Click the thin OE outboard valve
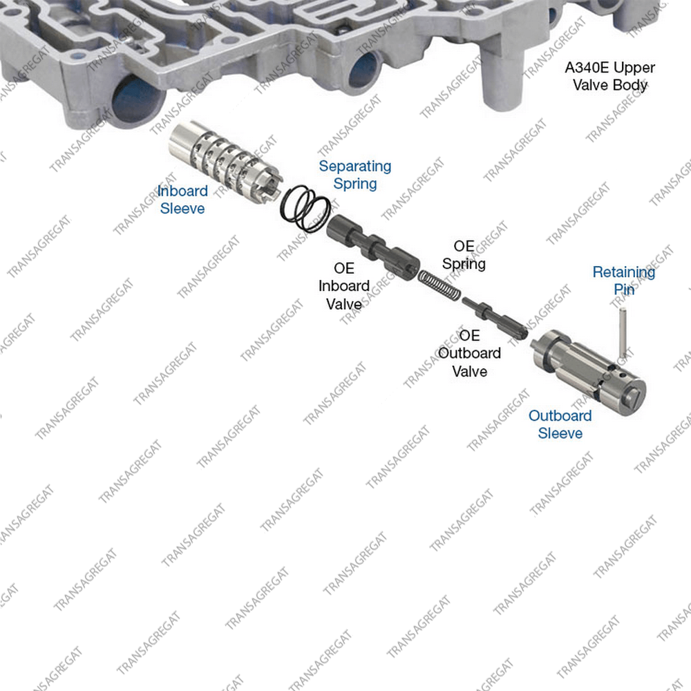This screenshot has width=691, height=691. pyautogui.click(x=495, y=319)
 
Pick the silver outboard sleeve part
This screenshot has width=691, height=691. pyautogui.click(x=588, y=373)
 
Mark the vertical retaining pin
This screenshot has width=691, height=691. pyautogui.click(x=623, y=334)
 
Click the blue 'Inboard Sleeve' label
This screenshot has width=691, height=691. pyautogui.click(x=182, y=200)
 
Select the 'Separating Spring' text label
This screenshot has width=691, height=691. pyautogui.click(x=355, y=175)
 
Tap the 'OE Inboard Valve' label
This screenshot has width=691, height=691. pyautogui.click(x=343, y=286)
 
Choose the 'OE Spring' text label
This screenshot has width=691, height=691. pyautogui.click(x=464, y=255)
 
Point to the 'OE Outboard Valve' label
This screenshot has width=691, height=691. pyautogui.click(x=470, y=353)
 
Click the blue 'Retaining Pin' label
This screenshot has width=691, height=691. pyautogui.click(x=623, y=281)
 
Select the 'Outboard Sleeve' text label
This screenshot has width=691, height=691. pyautogui.click(x=560, y=424)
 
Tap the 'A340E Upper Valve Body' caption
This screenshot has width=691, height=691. pyautogui.click(x=610, y=76)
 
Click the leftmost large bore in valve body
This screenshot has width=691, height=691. pyautogui.click(x=135, y=102)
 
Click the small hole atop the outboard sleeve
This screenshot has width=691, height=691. pyautogui.click(x=623, y=375)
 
